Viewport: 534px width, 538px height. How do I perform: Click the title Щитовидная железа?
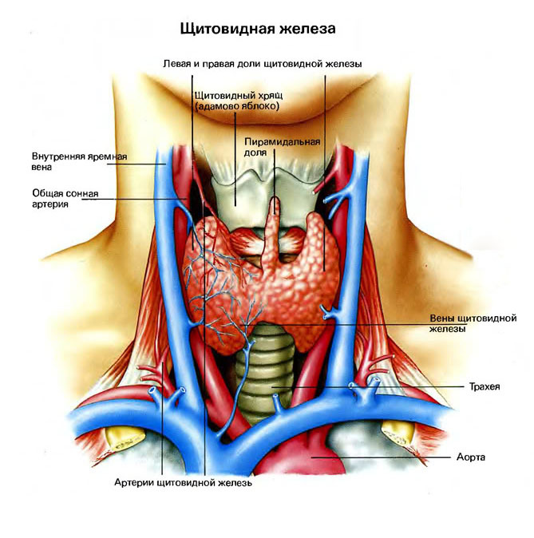(x=258, y=28)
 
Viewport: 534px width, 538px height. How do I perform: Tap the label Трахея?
(x=485, y=386)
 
